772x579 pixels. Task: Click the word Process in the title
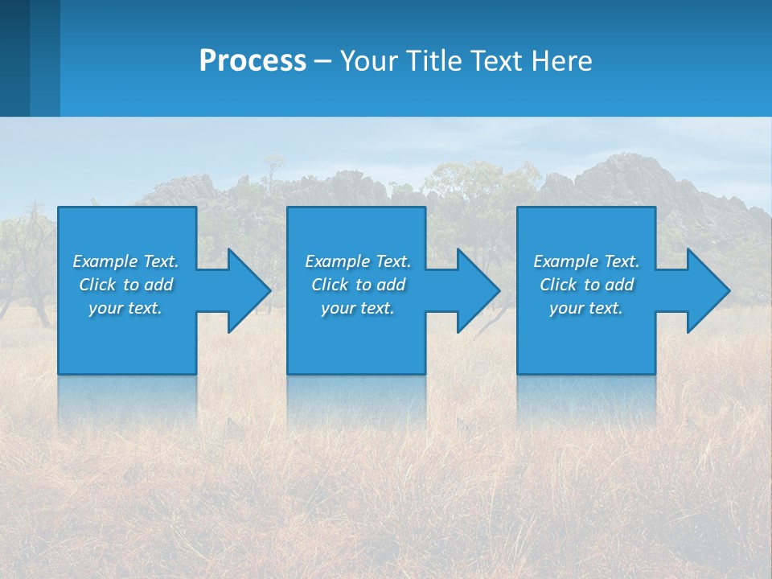(253, 60)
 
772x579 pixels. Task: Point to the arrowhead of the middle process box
(477, 290)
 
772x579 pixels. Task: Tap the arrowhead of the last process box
(707, 290)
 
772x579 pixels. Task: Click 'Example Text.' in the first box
(125, 261)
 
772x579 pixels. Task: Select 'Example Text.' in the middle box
(358, 261)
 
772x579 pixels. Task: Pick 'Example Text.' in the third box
(586, 261)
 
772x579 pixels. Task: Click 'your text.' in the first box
(125, 308)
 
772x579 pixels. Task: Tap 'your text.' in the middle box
(358, 308)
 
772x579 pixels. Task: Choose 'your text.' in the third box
(586, 308)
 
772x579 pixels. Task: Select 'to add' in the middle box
(380, 285)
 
